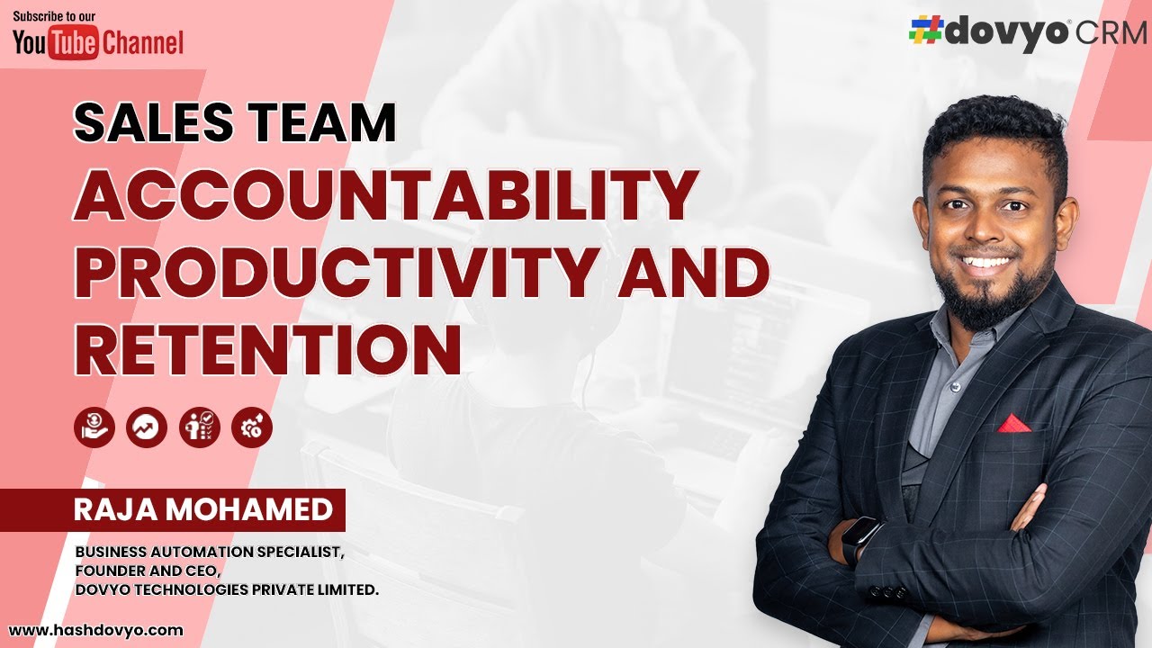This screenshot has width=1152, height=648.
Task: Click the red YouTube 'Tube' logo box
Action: (73, 42)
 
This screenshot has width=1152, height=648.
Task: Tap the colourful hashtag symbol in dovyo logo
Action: (925, 31)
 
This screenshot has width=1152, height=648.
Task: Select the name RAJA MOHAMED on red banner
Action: (202, 510)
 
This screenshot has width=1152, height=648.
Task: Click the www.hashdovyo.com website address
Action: (96, 631)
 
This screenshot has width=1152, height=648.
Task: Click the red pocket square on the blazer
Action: (1013, 422)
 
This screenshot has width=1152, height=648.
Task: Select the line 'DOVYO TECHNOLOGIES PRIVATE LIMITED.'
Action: (227, 589)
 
